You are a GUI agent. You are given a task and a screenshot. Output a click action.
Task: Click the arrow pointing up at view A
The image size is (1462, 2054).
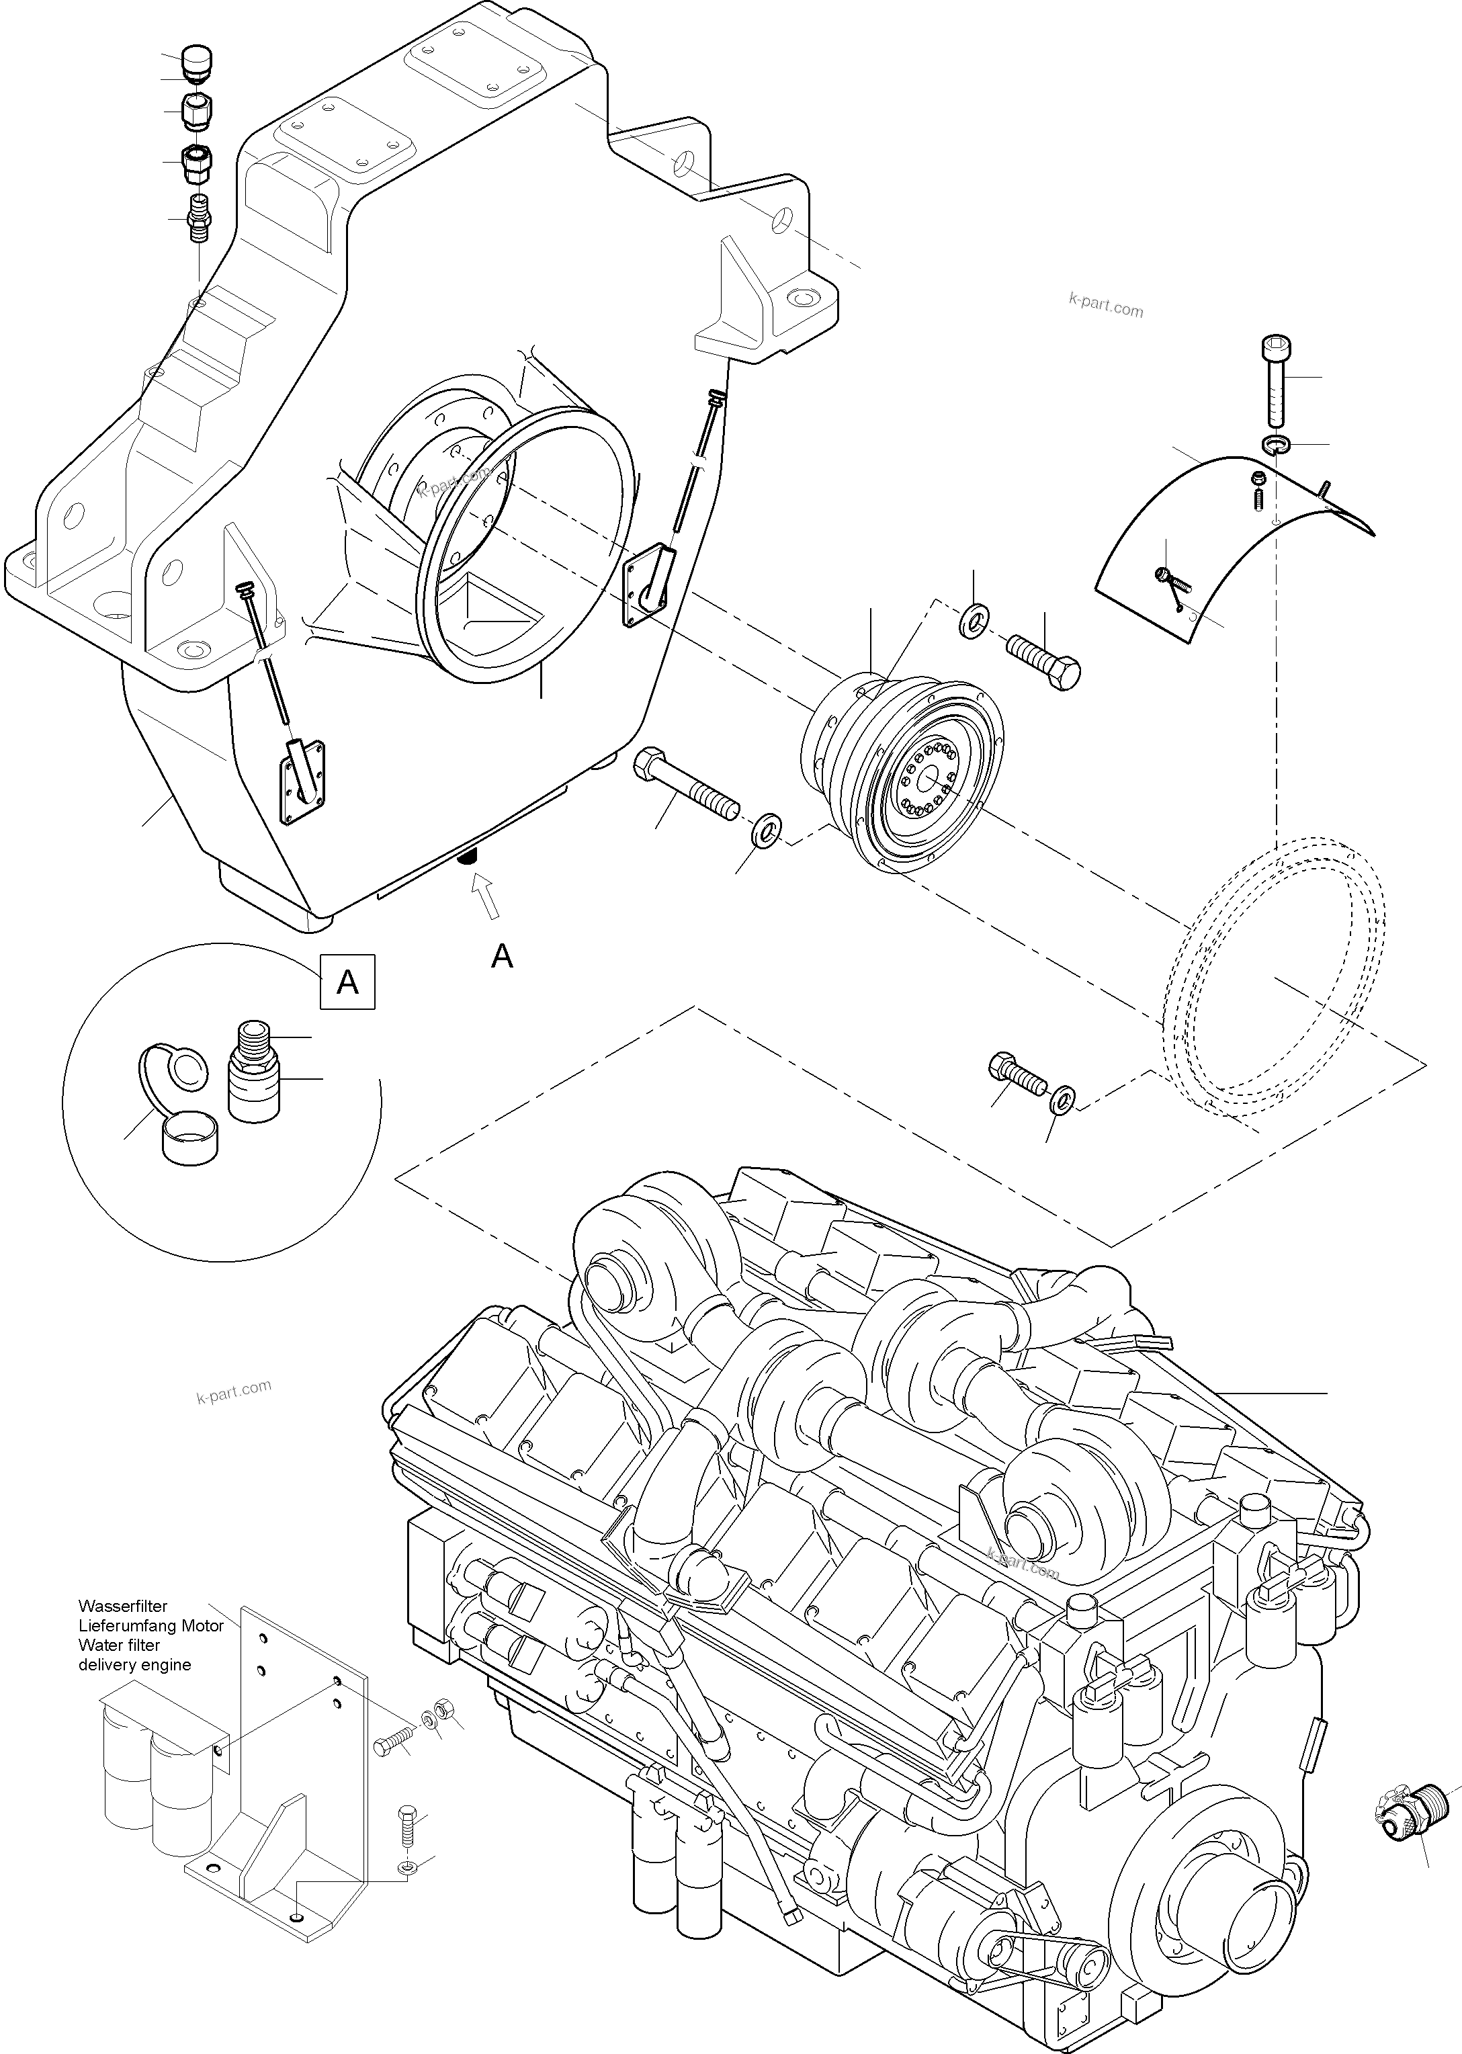click(486, 898)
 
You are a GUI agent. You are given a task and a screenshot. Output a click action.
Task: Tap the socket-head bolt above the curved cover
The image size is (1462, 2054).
click(1276, 381)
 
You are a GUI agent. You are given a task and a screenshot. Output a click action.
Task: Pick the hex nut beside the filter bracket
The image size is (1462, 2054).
click(442, 1709)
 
